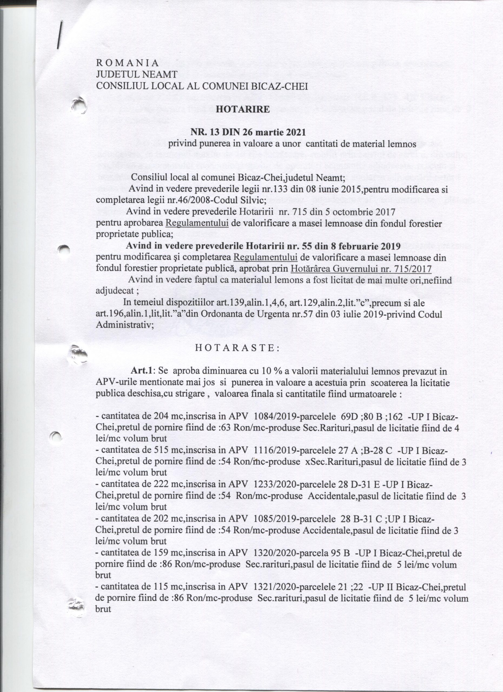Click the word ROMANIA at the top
127,63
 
